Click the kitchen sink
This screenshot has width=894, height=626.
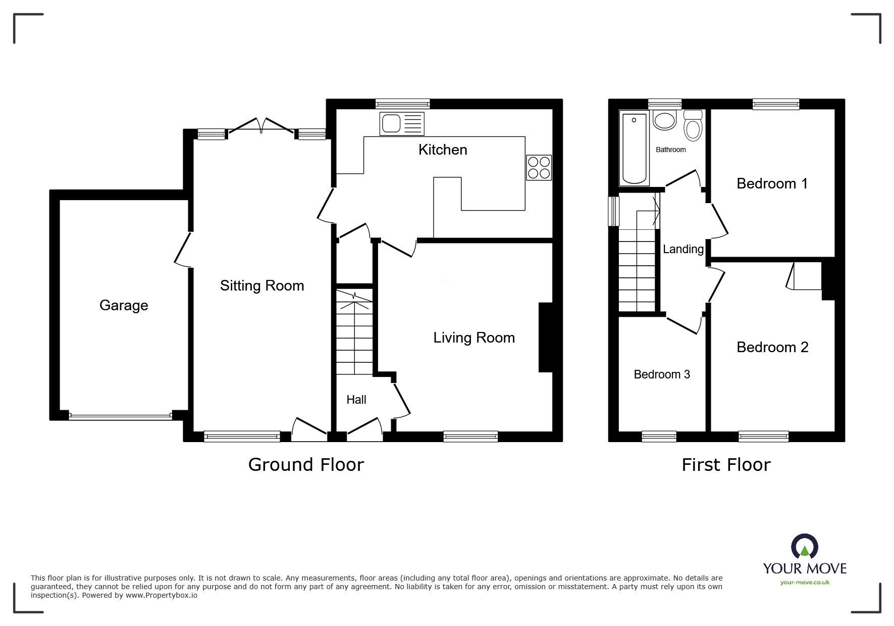pos(402,124)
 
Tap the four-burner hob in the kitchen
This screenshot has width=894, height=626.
pos(538,168)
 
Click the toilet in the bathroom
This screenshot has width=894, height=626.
pos(693,125)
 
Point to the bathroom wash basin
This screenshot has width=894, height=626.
pos(664,121)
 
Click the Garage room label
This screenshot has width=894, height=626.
pos(124,305)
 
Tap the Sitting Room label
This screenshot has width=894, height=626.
pos(262,286)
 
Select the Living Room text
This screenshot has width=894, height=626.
pos(474,338)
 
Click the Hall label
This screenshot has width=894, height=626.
pos(356,400)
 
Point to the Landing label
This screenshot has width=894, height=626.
pos(683,249)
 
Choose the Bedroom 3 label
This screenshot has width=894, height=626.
pos(662,374)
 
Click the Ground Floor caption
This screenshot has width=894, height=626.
pos(306,465)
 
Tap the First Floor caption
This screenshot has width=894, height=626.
pos(726,465)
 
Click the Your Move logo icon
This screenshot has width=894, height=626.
pos(804,548)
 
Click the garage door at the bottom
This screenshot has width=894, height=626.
pos(120,416)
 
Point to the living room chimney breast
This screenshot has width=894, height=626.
pos(546,337)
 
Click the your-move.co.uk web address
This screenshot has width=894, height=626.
pos(805,583)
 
